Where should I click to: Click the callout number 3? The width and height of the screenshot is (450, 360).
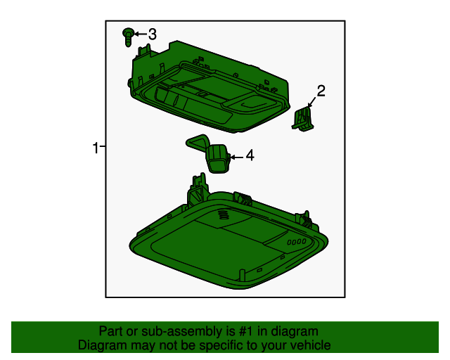tap(153, 34)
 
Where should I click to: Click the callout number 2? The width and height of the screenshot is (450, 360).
tap(321, 91)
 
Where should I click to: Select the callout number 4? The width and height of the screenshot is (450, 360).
tap(250, 155)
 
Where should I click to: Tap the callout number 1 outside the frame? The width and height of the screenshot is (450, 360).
tap(96, 148)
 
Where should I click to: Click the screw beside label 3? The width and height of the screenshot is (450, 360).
tap(128, 37)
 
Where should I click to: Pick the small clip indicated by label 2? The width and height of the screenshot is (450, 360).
tap(302, 119)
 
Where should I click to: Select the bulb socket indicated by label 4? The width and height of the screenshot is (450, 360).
tap(217, 158)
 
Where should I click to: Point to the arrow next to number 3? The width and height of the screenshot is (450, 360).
tap(141, 34)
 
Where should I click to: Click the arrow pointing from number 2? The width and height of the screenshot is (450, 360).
tap(311, 102)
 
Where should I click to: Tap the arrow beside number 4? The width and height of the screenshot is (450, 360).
tap(237, 157)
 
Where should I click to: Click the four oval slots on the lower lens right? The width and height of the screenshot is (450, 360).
tap(297, 242)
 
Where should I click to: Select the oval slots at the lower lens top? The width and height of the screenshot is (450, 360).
tap(223, 214)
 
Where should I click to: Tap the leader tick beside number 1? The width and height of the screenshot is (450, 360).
tap(103, 146)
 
